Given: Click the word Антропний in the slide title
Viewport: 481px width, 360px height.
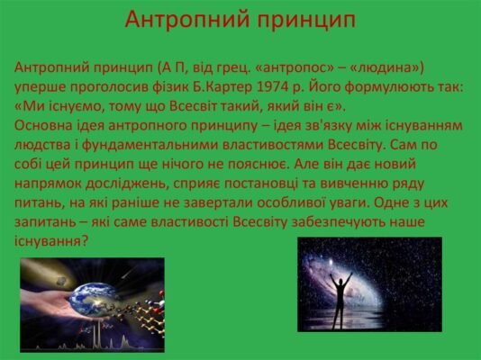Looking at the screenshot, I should click(177, 19).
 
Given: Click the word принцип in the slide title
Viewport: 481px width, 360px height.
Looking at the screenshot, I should click(301, 19).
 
